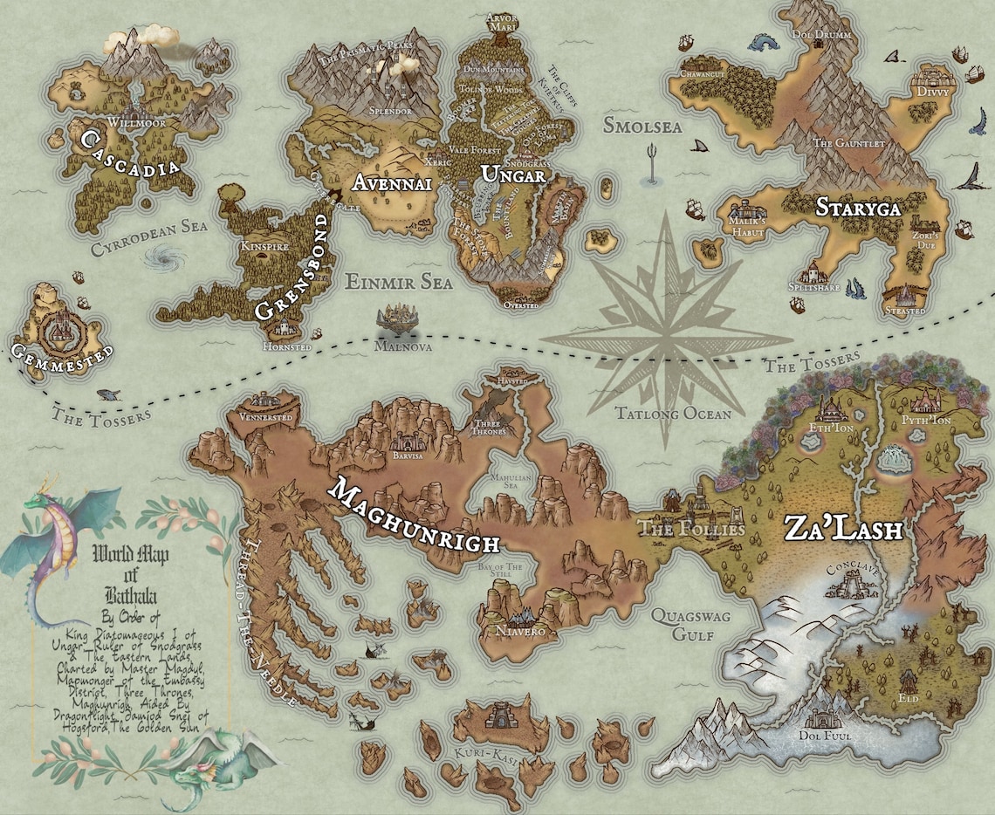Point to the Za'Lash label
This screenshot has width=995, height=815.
(842, 528)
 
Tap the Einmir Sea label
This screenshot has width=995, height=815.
(399, 282)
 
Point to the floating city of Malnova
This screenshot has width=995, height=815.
(398, 318)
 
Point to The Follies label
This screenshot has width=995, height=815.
(692, 529)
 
